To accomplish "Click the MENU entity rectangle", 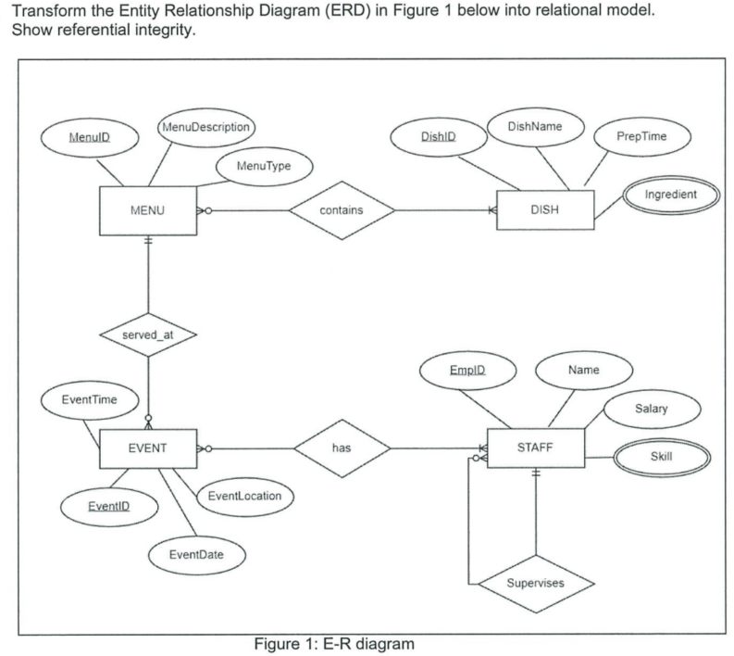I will tap(147, 210).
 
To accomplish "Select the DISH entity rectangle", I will tap(545, 209).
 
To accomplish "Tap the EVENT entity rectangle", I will tap(147, 448).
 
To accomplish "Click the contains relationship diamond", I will tap(342, 210).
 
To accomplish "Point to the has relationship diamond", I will tap(341, 449).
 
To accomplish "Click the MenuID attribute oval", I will tap(89, 137).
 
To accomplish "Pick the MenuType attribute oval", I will tap(264, 166).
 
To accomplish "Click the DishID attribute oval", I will tap(439, 136).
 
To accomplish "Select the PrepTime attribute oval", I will tap(641, 136).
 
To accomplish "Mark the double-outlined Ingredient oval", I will tap(670, 195).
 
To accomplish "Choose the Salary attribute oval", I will tap(652, 409).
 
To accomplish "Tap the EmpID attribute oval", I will tap(467, 372).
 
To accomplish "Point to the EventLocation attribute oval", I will tap(244, 496).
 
